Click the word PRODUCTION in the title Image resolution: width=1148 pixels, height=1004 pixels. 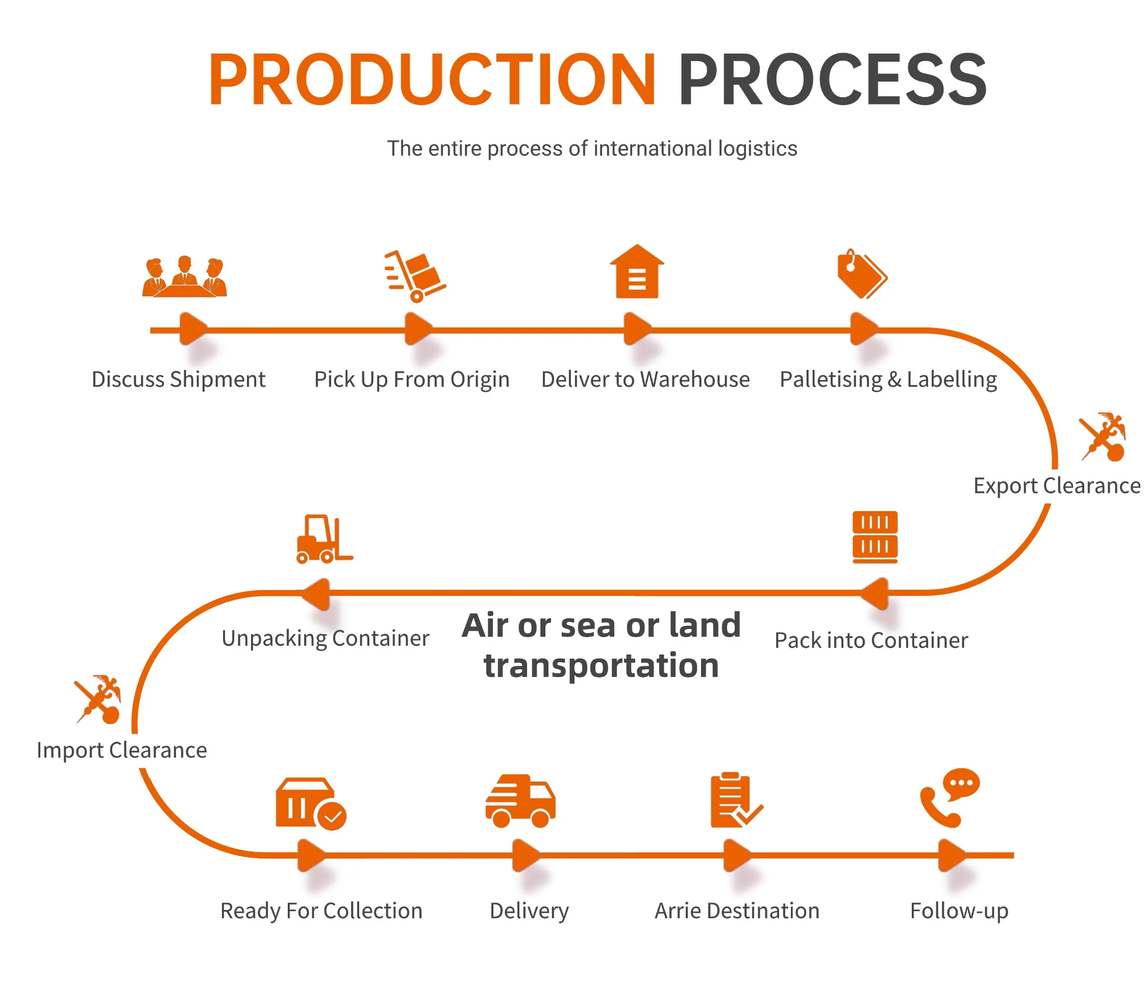(432, 80)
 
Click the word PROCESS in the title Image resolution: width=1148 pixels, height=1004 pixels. (832, 80)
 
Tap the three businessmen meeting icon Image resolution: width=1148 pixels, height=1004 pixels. (184, 277)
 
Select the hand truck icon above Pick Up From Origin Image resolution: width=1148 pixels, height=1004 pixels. (415, 275)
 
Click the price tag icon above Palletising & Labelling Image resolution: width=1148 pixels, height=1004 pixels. (862, 274)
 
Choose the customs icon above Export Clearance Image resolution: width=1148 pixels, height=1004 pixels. (1103, 437)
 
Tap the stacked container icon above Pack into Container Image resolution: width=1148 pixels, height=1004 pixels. (875, 536)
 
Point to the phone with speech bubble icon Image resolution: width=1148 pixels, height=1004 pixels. (949, 797)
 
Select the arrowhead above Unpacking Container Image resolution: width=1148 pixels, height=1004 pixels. (316, 593)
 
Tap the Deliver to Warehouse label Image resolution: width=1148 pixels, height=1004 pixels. (645, 379)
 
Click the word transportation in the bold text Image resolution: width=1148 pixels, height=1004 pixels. (601, 666)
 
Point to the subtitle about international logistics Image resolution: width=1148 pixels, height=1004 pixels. (592, 148)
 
